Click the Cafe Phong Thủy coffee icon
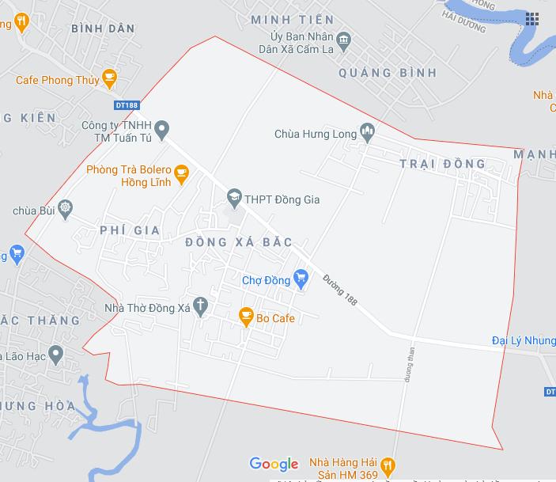point(108,79)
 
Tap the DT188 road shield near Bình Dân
point(126,104)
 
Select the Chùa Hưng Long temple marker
point(366,133)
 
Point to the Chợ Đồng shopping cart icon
point(300,278)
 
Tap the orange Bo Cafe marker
point(246,317)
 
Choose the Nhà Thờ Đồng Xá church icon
point(201,306)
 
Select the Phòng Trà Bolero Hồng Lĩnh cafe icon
point(181,173)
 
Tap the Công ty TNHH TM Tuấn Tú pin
point(161,128)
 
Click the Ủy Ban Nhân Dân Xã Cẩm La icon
point(343,39)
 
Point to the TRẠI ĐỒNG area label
point(443,164)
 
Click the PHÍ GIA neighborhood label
point(130,230)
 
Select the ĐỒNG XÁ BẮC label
point(239,241)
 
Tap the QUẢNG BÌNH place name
point(388,73)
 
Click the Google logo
point(274,464)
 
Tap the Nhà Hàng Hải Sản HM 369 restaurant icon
point(387,464)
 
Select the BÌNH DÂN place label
point(103,28)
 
